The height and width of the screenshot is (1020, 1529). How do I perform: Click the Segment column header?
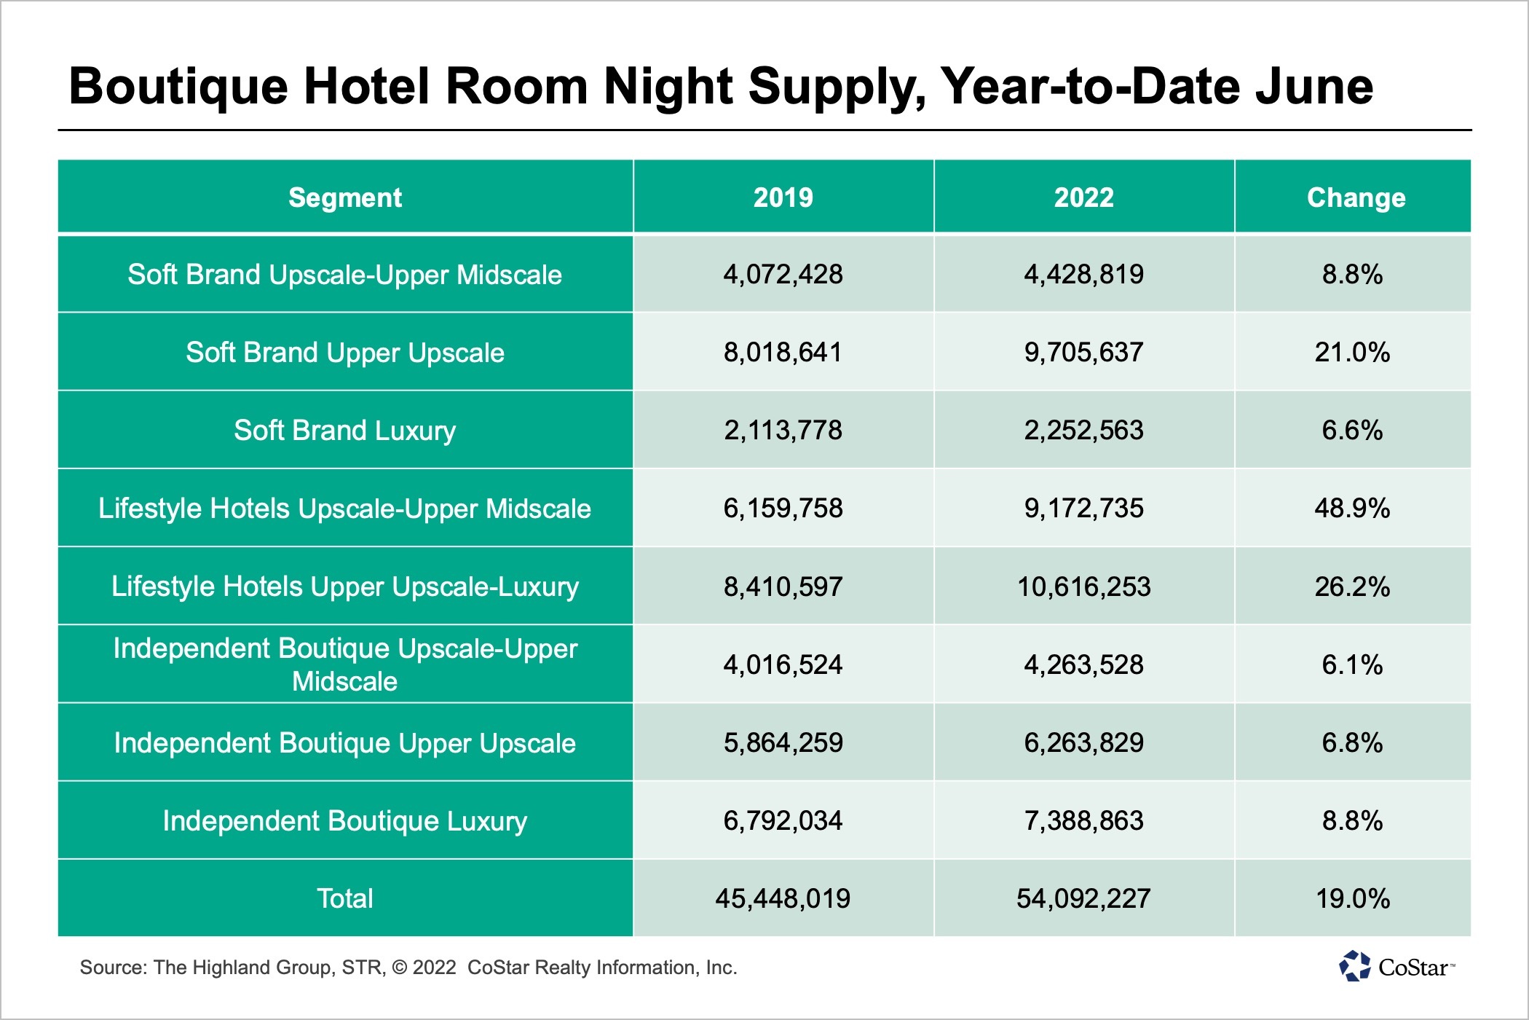[345, 197]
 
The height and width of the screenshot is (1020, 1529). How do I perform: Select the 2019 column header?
[783, 197]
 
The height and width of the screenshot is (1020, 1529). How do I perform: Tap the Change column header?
[1356, 197]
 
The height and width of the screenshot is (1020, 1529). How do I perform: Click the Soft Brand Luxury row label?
[345, 430]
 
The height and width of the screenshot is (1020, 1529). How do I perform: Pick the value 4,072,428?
[783, 275]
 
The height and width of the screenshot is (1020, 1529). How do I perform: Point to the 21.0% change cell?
[1352, 353]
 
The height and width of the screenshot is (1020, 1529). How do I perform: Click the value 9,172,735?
[1083, 508]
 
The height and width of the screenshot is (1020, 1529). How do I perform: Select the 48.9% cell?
[1352, 508]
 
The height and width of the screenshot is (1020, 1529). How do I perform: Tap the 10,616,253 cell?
[1083, 586]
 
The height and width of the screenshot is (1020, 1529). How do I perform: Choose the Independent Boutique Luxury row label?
[345, 821]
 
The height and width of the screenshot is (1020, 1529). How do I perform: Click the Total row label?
[345, 898]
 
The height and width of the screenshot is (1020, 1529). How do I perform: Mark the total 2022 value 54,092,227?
[1083, 898]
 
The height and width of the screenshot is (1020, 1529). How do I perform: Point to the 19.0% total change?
[1352, 898]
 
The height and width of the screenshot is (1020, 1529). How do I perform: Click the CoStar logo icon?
[1355, 966]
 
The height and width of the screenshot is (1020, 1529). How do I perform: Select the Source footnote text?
[408, 968]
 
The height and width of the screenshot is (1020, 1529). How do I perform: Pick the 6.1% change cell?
[1352, 664]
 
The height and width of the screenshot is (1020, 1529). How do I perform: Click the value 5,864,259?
[783, 742]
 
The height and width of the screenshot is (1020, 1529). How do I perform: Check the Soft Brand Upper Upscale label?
[345, 353]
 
